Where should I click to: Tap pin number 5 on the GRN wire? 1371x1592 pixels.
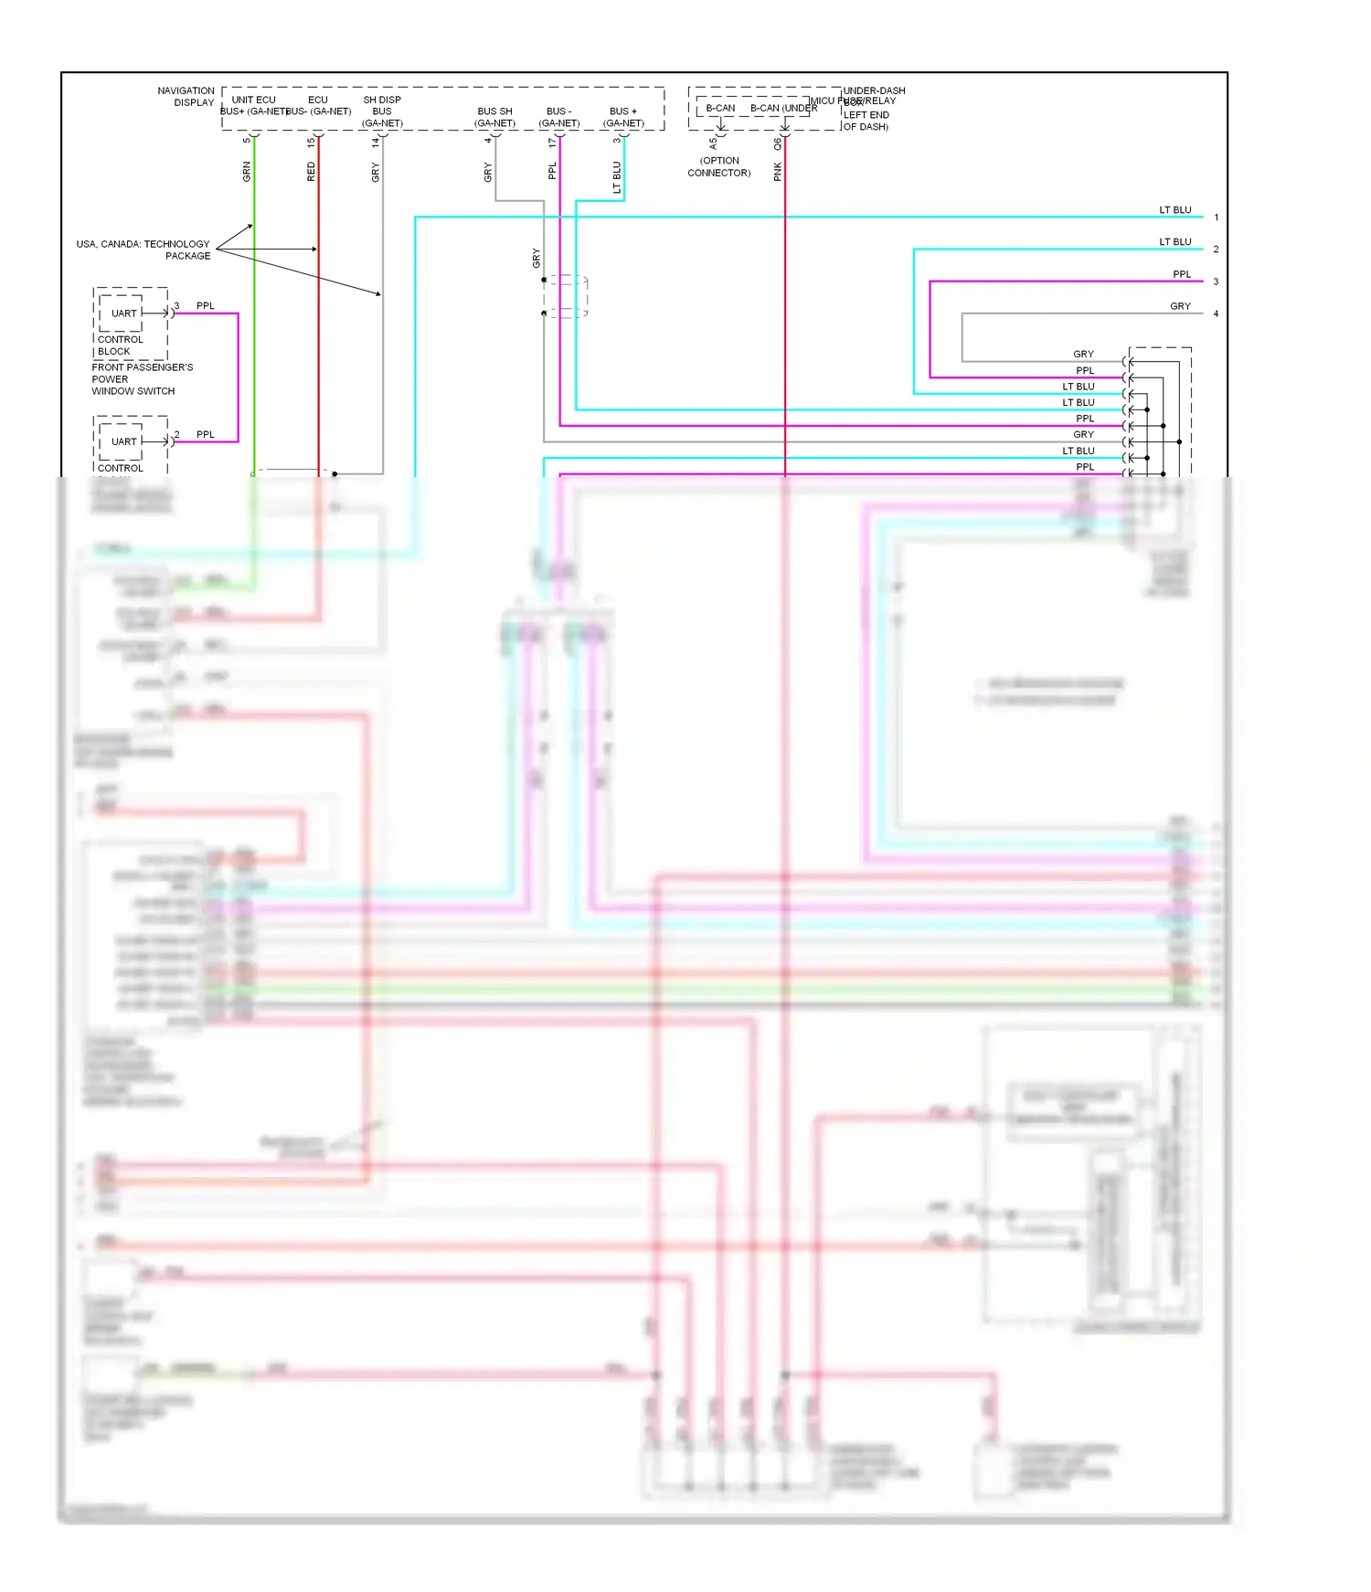coord(247,140)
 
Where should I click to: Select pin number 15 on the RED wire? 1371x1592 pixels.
coord(311,142)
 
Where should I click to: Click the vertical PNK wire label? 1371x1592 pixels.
coord(778,171)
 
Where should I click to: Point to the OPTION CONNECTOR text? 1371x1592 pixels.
coord(719,166)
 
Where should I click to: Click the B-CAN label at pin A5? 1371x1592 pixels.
coord(720,108)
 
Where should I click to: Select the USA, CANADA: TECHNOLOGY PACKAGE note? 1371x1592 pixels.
coord(143,249)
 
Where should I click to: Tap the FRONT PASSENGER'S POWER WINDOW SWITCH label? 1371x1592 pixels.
coord(142,378)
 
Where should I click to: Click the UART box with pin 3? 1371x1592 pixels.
coord(123,313)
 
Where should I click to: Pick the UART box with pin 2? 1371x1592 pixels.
coord(123,441)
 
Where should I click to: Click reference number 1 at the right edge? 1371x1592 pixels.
coord(1216,218)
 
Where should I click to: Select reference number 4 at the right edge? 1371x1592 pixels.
coord(1216,313)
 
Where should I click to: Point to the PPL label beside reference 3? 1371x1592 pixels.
coord(1182,274)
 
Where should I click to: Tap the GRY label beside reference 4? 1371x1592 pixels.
coord(1180,306)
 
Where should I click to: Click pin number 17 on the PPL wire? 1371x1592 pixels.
coord(552,142)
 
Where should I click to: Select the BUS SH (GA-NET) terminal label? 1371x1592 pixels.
coord(494,117)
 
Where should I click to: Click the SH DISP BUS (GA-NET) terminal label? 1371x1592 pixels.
coord(382,111)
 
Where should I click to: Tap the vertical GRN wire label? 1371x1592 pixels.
coord(247,171)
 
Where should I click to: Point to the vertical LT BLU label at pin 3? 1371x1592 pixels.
coord(617,176)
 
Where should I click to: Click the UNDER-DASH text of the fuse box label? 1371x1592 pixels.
coord(874,90)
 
